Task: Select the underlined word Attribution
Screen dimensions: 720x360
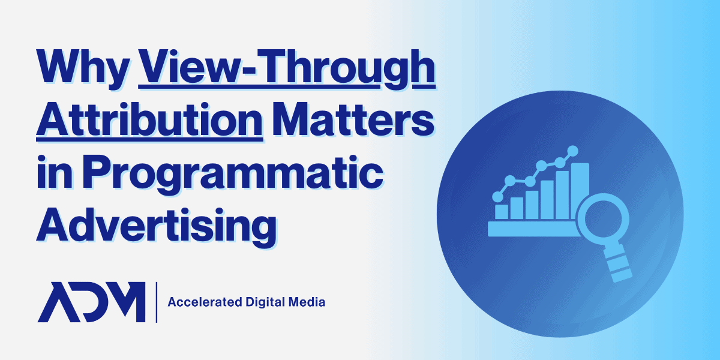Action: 150,121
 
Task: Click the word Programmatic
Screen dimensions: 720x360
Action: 233,175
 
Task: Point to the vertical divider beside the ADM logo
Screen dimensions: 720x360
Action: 157,302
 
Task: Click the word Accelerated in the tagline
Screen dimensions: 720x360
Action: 205,302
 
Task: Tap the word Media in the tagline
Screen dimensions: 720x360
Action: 307,302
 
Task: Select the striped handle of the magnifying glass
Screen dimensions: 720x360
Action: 617,263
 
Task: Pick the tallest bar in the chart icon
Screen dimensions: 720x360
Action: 580,191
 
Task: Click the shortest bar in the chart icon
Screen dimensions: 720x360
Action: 502,212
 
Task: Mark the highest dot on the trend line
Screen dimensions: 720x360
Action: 572,151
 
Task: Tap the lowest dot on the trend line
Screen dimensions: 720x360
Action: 498,197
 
